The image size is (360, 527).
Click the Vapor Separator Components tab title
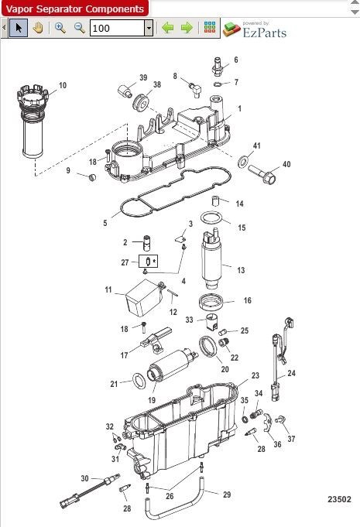click(74, 9)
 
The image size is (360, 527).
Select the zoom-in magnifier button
click(60, 28)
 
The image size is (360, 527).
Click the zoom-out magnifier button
click(79, 28)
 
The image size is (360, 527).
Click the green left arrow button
click(167, 28)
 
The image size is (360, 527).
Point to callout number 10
click(62, 85)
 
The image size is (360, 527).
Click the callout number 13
click(241, 270)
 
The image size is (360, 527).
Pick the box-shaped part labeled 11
click(141, 297)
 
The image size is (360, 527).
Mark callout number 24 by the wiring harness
click(292, 373)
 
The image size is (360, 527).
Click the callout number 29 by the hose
click(227, 494)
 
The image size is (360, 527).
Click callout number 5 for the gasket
click(105, 224)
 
